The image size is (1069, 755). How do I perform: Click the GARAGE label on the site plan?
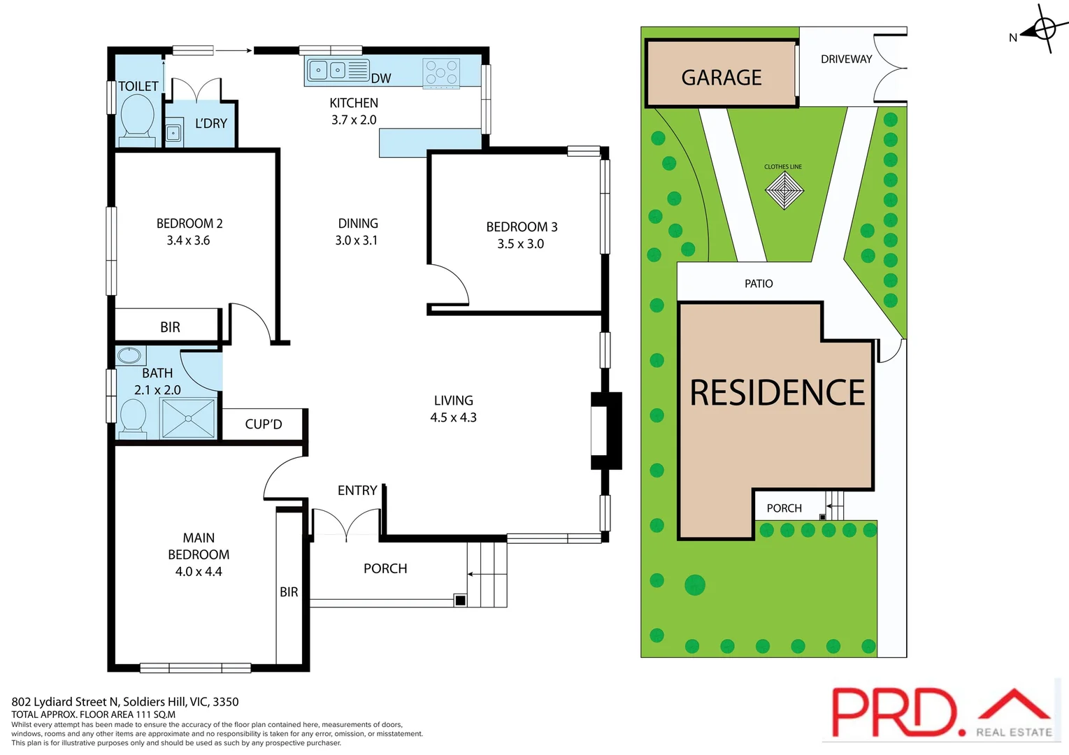click(722, 77)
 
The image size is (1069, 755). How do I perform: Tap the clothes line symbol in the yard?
click(784, 189)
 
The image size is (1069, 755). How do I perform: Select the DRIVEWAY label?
click(846, 59)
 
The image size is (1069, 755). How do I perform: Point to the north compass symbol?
click(1043, 29)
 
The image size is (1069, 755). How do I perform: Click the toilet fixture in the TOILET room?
click(137, 117)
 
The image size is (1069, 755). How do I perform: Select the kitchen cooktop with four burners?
click(441, 73)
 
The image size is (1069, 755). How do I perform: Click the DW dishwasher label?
click(381, 78)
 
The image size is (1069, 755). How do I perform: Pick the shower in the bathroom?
click(189, 418)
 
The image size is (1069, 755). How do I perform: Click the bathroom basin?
click(129, 355)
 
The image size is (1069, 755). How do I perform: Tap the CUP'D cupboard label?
click(264, 424)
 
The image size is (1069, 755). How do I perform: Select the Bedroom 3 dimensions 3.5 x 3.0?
click(520, 244)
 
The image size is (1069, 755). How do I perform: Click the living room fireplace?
click(605, 431)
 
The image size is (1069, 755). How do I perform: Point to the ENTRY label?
click(357, 491)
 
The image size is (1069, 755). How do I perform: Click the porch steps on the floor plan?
click(487, 574)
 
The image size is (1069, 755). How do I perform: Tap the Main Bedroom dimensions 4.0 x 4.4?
click(199, 572)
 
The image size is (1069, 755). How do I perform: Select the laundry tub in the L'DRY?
click(173, 132)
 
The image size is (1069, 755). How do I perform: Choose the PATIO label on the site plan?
click(759, 284)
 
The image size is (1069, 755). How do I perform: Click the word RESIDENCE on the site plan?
click(777, 393)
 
